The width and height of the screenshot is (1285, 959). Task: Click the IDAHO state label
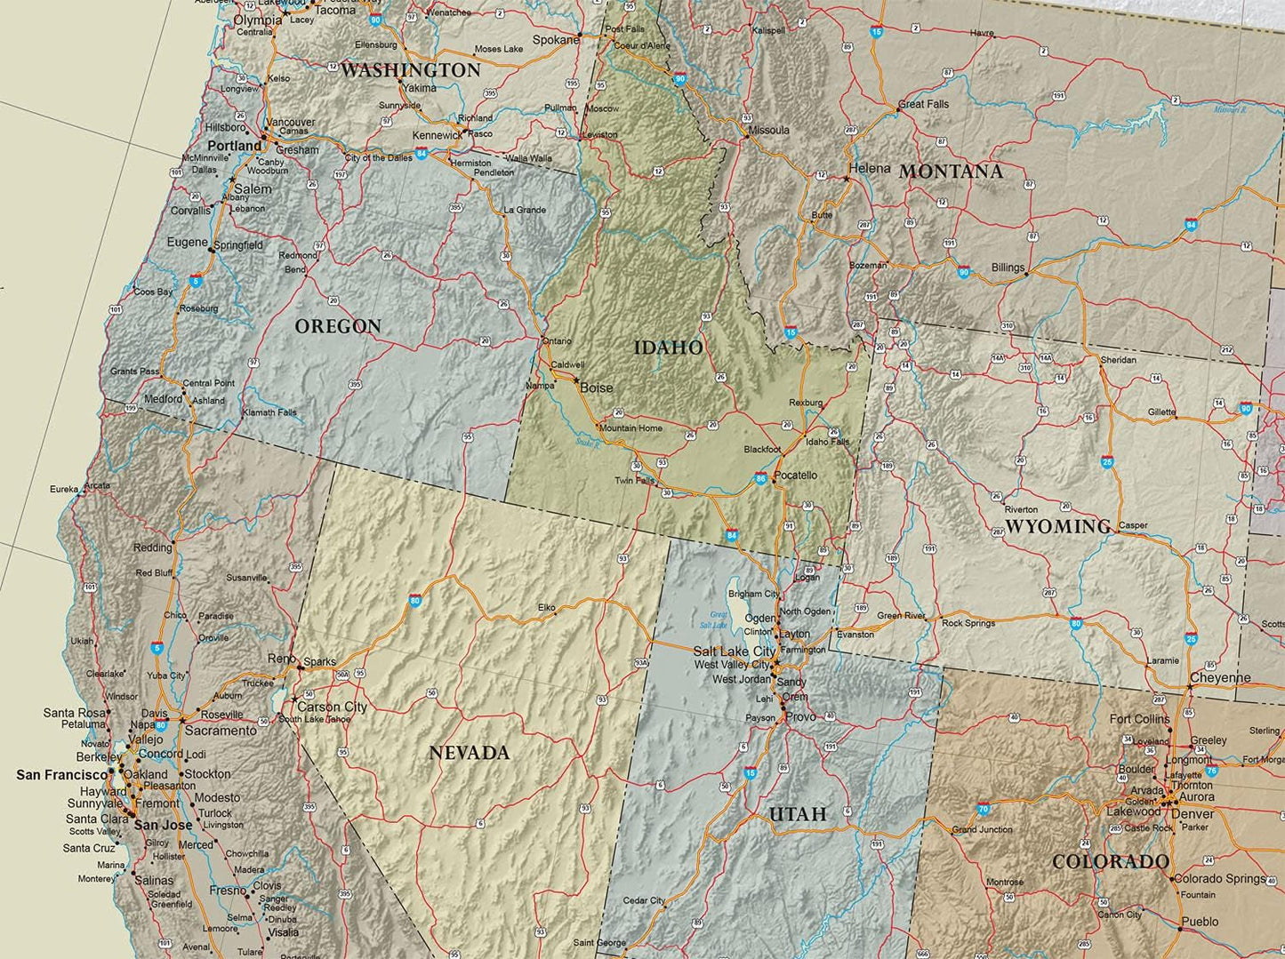click(668, 348)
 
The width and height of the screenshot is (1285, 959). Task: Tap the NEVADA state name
click(470, 754)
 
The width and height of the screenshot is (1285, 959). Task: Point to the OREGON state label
click(338, 327)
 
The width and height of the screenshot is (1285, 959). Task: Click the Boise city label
click(596, 388)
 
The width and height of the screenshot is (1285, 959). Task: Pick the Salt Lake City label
click(735, 651)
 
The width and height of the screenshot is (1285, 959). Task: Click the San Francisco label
click(61, 776)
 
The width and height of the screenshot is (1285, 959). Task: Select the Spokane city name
click(556, 40)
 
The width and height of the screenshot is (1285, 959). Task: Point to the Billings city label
click(1008, 268)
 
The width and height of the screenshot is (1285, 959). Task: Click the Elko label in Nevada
click(546, 608)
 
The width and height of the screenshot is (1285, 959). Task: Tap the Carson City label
click(332, 707)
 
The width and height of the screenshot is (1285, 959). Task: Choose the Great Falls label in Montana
click(923, 104)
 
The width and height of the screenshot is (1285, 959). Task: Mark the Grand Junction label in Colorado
click(982, 829)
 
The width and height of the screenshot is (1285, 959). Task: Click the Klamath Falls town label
click(269, 412)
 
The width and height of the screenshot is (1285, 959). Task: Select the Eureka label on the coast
click(64, 490)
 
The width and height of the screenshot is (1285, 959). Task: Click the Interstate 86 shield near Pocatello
click(761, 479)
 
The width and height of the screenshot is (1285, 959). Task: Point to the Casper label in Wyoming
click(1133, 525)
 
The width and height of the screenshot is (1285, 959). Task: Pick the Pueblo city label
click(1201, 922)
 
